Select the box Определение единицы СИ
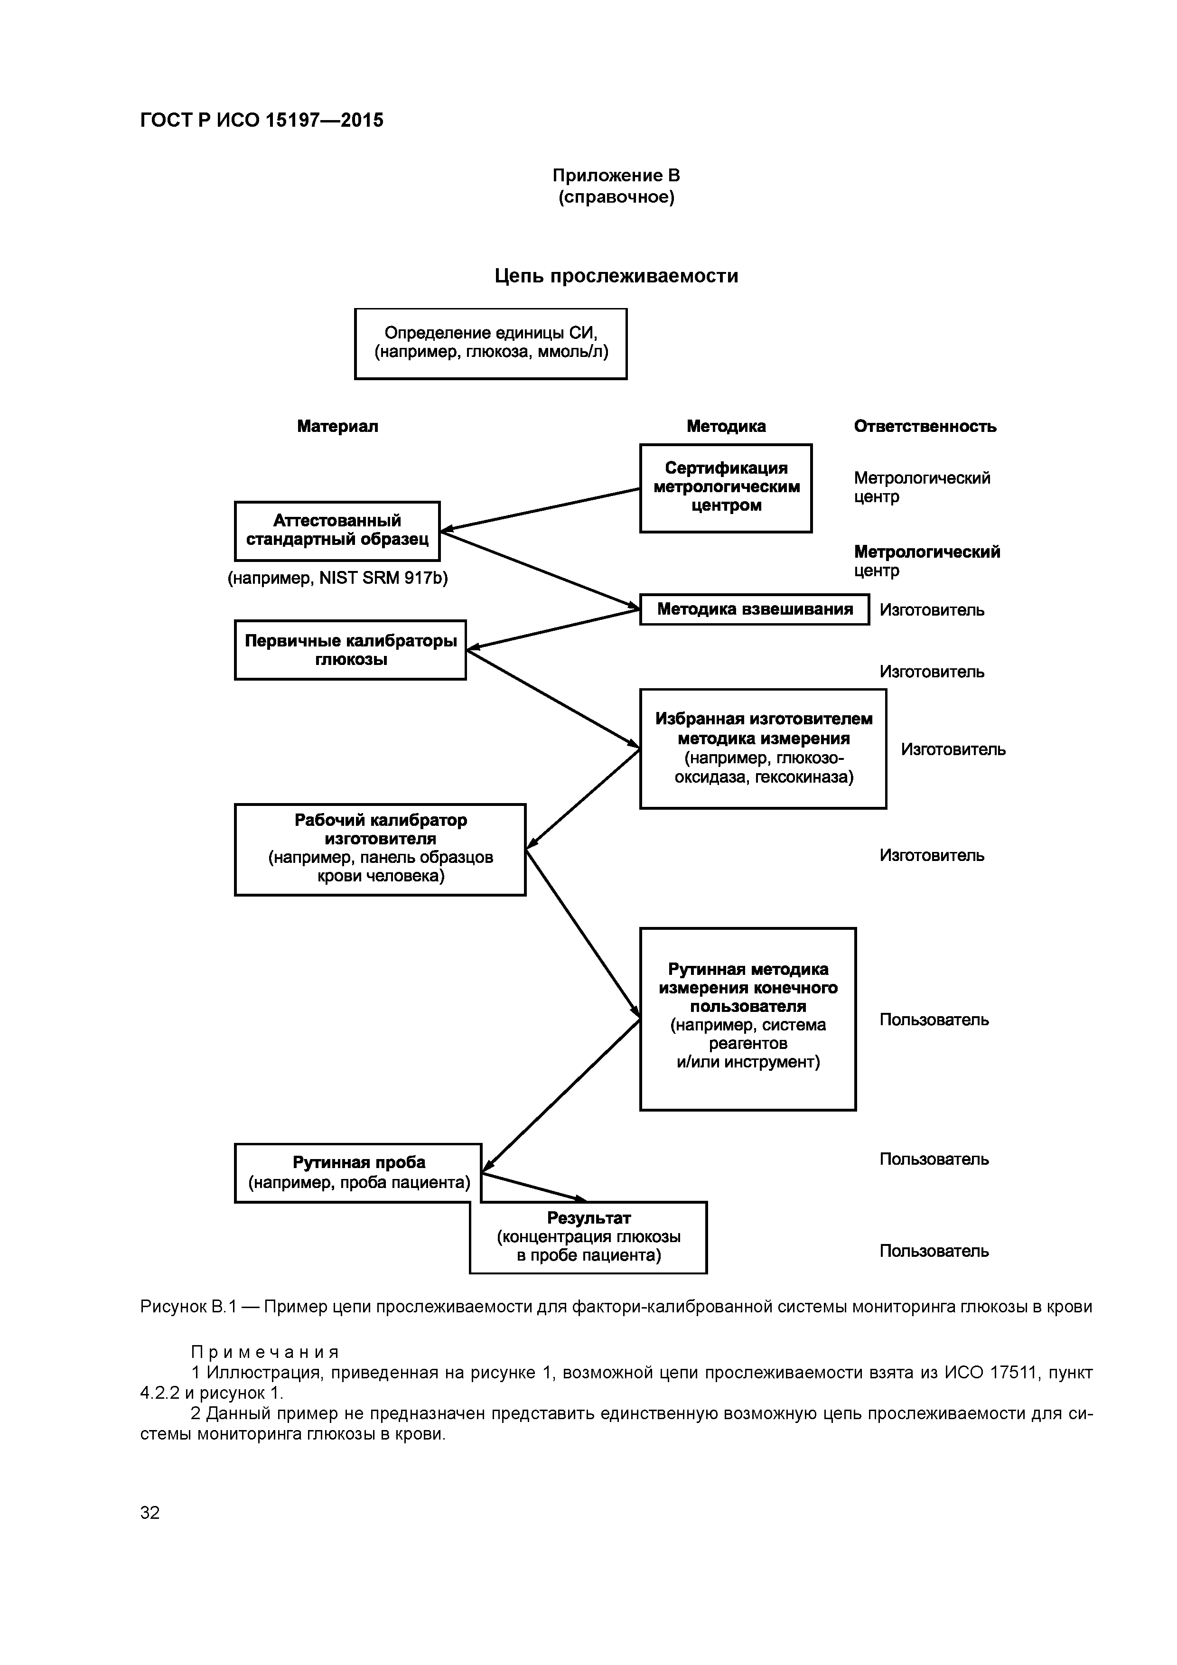[x=490, y=344]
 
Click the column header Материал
[x=337, y=426]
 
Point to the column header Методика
[x=726, y=426]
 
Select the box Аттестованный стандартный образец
[x=337, y=531]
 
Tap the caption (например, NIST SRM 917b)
[x=337, y=579]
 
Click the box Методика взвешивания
[x=754, y=609]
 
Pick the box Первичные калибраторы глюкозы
[x=350, y=650]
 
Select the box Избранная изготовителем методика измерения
[x=763, y=748]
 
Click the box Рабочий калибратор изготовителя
[x=380, y=849]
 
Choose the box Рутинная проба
[x=358, y=1173]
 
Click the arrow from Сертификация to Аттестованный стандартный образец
[x=540, y=510]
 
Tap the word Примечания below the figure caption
[x=265, y=1352]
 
